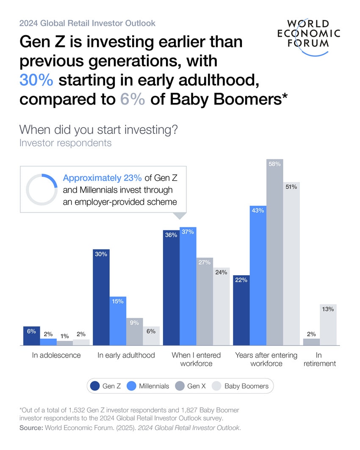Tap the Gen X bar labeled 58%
274,252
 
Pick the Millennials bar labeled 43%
258,276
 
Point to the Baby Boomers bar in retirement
328,325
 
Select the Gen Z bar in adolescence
31,336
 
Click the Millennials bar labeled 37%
188,286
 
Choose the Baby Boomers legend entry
241,386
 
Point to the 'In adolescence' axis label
56,355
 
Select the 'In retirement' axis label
319,359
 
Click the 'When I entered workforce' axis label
196,359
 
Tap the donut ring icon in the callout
42,189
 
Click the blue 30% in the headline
37,80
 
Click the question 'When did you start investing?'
98,129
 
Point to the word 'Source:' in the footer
30,428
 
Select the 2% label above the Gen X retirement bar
311,334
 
